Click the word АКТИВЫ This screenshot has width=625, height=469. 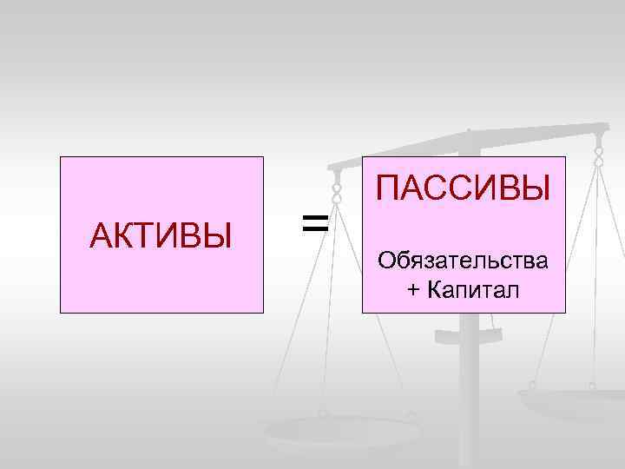(161, 234)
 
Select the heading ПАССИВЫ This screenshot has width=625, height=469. (464, 188)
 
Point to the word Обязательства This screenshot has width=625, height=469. (464, 259)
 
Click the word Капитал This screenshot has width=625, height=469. (474, 289)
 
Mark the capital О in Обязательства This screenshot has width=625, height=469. (385, 259)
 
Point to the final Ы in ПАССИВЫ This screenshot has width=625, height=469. (536, 188)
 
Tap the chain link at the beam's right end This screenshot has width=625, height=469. (598, 154)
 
